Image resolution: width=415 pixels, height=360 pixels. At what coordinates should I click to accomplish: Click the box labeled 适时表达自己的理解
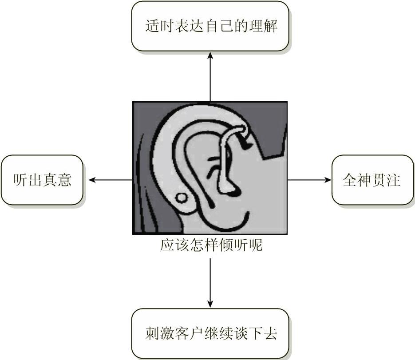pos(210,26)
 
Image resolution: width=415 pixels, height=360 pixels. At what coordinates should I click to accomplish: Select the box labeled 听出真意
pos(42,180)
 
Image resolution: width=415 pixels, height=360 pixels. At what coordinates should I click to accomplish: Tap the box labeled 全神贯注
pos(372,180)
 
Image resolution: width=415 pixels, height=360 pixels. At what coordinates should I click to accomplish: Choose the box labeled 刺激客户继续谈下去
pos(210,333)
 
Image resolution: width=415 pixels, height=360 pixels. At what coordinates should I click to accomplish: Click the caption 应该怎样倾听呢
pos(211,245)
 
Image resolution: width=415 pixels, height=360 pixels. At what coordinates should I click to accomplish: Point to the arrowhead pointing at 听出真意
pos(92,180)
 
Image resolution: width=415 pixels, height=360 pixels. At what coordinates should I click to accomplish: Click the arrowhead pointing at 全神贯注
pos(328,180)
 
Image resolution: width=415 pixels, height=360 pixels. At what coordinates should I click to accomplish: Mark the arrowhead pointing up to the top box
pos(210,55)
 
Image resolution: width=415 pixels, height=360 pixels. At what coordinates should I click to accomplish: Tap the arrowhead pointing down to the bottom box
pos(210,304)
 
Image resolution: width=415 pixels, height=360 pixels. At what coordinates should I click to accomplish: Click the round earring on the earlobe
pos(182,197)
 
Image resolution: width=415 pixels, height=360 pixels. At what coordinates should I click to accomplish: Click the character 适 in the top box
pos(152,26)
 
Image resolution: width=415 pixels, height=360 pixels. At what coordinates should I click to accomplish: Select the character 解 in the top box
pos(271,26)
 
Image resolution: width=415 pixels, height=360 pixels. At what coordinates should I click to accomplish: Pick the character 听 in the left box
pos(20,180)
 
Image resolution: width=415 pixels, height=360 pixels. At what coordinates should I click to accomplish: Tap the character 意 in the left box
pos(64,180)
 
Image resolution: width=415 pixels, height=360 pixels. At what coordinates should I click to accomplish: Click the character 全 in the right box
pos(350,180)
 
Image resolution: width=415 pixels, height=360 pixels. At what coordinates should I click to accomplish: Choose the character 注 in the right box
pos(394,180)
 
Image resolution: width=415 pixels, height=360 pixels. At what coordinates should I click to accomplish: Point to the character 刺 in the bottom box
pos(152,334)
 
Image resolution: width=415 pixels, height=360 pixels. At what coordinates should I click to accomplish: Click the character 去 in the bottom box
pos(270,334)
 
